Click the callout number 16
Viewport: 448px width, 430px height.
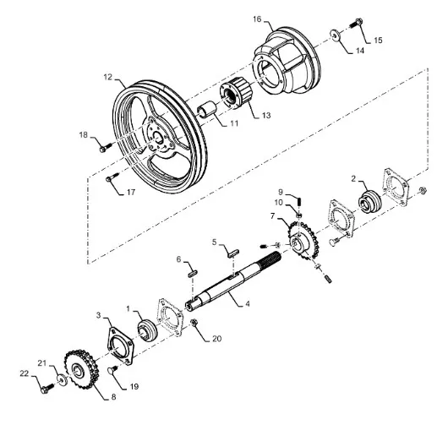(x=257, y=19)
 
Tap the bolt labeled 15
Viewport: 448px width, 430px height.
(x=356, y=23)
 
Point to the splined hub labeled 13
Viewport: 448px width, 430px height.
(x=236, y=93)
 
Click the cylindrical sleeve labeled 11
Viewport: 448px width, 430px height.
(x=207, y=109)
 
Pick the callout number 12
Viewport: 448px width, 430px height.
(x=108, y=77)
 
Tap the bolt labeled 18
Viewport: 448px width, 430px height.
(x=106, y=148)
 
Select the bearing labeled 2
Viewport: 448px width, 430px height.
(x=369, y=201)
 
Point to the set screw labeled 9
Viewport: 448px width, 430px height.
(x=299, y=202)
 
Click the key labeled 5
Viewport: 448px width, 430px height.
(x=233, y=253)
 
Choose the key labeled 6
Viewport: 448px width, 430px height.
(x=193, y=273)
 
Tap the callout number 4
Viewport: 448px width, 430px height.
(x=248, y=303)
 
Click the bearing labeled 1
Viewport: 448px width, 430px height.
(x=147, y=330)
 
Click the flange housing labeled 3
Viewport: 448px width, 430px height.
(x=121, y=346)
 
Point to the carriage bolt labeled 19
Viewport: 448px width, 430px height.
(x=112, y=369)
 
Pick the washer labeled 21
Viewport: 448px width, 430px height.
(x=62, y=379)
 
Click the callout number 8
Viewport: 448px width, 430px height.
(x=113, y=397)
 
